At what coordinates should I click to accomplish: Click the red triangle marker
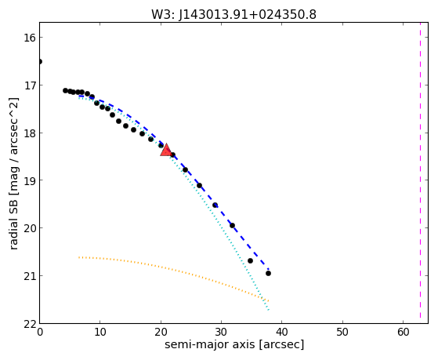click(x=166, y=151)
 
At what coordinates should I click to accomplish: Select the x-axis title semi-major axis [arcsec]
click(x=234, y=344)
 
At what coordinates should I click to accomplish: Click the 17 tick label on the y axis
click(x=30, y=85)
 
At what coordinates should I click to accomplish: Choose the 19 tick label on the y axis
click(x=30, y=180)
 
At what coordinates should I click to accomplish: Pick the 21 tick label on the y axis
click(x=30, y=276)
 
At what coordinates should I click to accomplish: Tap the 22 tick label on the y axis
click(x=30, y=324)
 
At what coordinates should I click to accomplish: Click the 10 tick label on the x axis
click(x=100, y=332)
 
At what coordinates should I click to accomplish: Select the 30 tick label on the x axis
click(x=221, y=332)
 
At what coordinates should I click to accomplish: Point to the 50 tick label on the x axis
click(x=342, y=332)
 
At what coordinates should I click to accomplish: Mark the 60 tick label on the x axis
click(x=403, y=332)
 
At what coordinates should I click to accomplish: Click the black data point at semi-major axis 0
click(x=40, y=61)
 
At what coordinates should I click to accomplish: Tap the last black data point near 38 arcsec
click(x=268, y=273)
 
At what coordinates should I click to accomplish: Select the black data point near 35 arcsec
click(x=250, y=260)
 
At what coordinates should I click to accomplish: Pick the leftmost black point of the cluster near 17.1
click(x=65, y=90)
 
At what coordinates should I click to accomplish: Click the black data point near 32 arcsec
click(x=232, y=225)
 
